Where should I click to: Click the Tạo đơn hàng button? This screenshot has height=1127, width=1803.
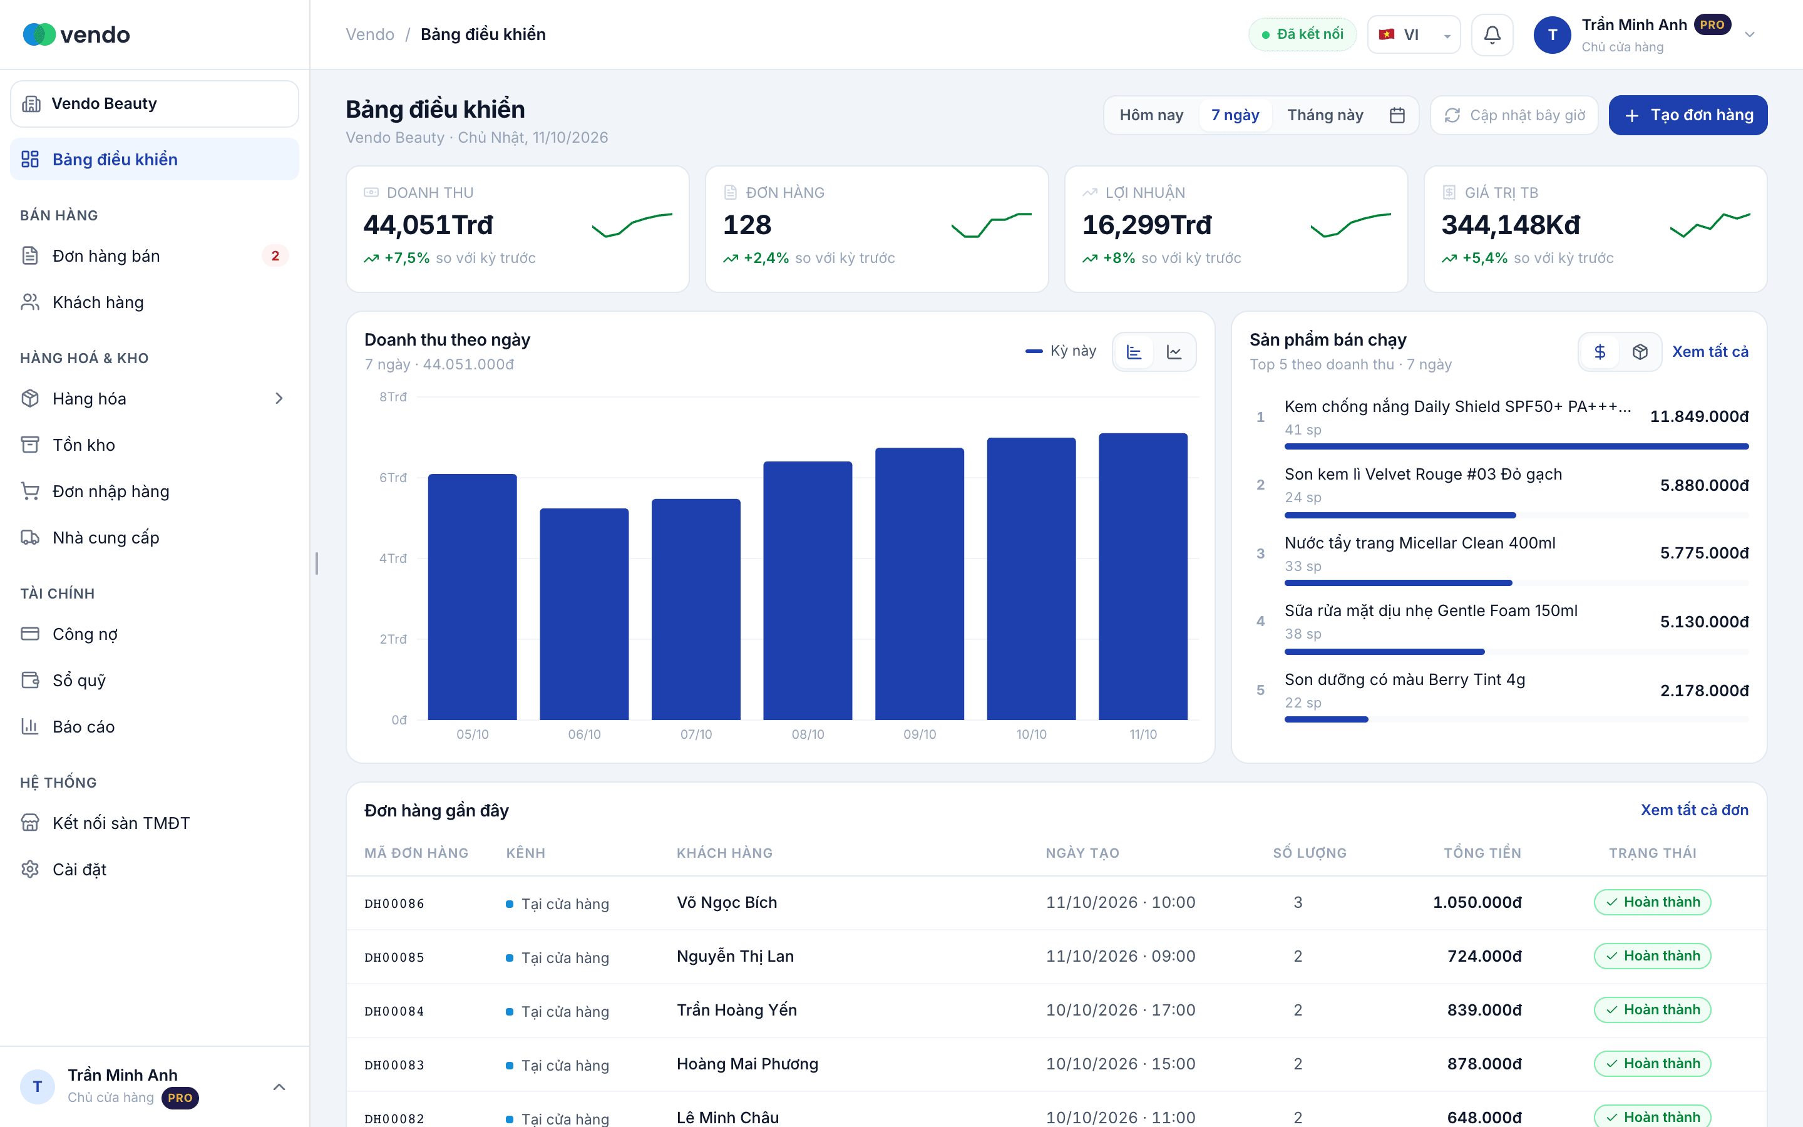pyautogui.click(x=1688, y=115)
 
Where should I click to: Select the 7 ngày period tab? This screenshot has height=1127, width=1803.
pyautogui.click(x=1235, y=115)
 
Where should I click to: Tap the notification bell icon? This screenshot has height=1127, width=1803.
pyautogui.click(x=1492, y=34)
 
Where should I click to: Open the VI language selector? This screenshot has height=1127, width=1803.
pyautogui.click(x=1414, y=34)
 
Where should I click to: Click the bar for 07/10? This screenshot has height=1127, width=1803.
pyautogui.click(x=696, y=609)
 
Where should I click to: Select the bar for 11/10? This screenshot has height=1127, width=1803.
pyautogui.click(x=1143, y=576)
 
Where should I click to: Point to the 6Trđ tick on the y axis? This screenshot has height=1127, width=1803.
pyautogui.click(x=393, y=477)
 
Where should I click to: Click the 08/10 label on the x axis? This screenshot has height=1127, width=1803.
pyautogui.click(x=808, y=734)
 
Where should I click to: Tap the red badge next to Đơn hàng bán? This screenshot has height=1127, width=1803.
pyautogui.click(x=275, y=255)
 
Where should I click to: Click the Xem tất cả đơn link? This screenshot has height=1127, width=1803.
pyautogui.click(x=1694, y=810)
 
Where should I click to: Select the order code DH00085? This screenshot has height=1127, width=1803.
pyautogui.click(x=394, y=957)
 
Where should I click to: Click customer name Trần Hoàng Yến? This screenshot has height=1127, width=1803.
pyautogui.click(x=737, y=1010)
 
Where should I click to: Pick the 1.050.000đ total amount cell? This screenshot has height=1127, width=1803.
pyautogui.click(x=1477, y=903)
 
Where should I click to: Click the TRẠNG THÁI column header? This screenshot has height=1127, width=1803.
pyautogui.click(x=1653, y=853)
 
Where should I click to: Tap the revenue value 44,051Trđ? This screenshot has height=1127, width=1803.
pyautogui.click(x=428, y=225)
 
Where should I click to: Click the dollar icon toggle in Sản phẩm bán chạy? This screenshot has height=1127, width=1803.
pyautogui.click(x=1600, y=352)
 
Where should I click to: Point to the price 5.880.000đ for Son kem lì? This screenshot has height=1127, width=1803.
pyautogui.click(x=1704, y=485)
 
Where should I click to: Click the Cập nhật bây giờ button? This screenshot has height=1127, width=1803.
pyautogui.click(x=1514, y=115)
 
